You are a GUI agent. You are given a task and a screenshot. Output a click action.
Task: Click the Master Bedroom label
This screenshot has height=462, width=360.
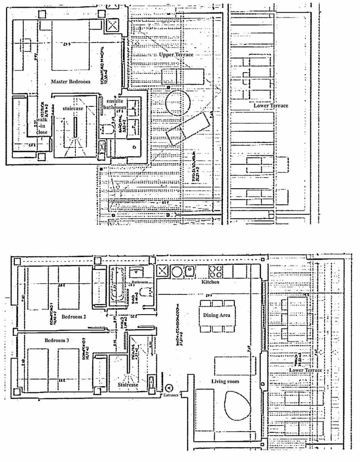click(x=70, y=82)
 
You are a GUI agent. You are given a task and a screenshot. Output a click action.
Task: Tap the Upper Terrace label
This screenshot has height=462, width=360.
click(x=176, y=55)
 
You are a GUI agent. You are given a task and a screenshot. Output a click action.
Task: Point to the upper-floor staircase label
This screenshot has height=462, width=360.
click(x=73, y=109)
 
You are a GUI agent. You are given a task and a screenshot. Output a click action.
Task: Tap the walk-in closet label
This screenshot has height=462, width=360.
click(x=42, y=126)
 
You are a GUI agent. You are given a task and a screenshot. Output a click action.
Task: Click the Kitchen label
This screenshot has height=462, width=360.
click(x=210, y=282)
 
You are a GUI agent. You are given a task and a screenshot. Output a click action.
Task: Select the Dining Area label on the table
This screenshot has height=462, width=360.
click(x=217, y=315)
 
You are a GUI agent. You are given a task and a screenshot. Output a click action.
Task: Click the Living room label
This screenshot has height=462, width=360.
click(x=225, y=381)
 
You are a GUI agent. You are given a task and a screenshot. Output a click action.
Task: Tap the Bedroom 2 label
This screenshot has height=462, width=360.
click(x=73, y=317)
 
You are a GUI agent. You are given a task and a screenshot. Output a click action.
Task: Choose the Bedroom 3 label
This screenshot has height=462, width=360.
click(x=57, y=340)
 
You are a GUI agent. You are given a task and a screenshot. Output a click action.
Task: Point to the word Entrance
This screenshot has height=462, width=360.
click(x=171, y=395)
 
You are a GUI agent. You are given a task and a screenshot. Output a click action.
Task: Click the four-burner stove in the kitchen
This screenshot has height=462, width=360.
click(x=215, y=271)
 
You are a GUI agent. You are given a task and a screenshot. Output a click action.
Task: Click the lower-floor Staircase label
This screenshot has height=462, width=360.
click(x=128, y=384)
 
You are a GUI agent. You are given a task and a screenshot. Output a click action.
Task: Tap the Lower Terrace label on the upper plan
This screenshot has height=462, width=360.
click(x=271, y=105)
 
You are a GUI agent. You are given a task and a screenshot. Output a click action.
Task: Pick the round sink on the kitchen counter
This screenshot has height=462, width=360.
click(x=177, y=271)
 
